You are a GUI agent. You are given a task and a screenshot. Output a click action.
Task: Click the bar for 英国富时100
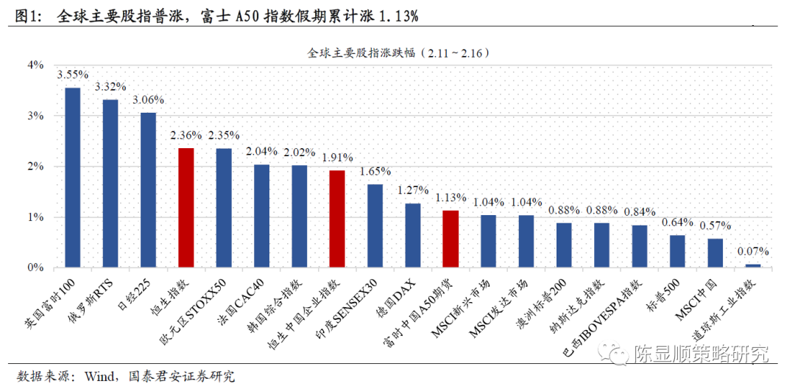[x=73, y=178]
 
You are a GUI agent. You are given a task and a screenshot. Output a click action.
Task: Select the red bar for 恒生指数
[x=186, y=208]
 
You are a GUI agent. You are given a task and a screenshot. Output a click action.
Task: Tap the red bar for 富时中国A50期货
[x=451, y=239]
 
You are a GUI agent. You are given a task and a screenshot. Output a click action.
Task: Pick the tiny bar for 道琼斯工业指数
[x=752, y=265]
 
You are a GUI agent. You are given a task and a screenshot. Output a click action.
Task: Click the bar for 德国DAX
[x=413, y=235]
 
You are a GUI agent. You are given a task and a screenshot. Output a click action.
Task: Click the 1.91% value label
[x=337, y=158]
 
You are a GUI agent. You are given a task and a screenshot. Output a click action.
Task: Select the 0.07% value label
[x=752, y=251]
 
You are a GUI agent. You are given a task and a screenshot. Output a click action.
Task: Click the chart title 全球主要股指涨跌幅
[x=361, y=52]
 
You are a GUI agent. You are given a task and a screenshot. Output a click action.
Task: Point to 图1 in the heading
[x=26, y=15]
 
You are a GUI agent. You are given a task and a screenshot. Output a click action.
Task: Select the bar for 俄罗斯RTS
[x=110, y=183]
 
